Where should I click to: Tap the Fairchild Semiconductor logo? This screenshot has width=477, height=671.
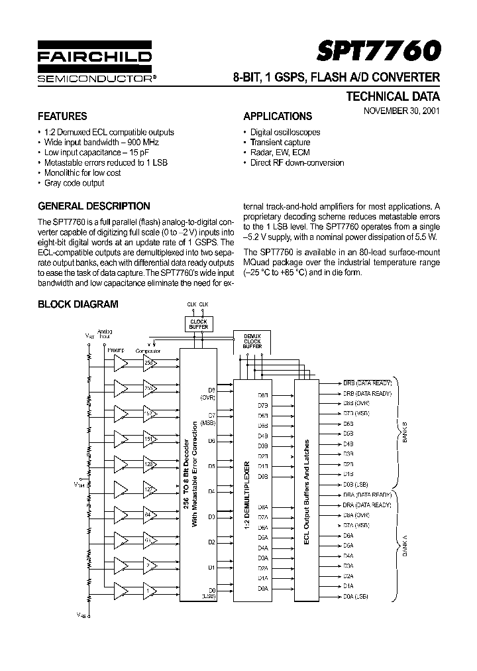pos(94,65)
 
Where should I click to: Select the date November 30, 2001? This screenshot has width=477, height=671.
pos(400,111)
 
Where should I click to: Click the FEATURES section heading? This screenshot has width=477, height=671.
pos(62,115)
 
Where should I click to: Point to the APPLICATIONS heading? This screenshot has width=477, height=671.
pos(278,116)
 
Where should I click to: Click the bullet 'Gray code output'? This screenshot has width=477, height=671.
pos(74,182)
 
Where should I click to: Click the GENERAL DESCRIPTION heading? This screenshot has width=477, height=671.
pos(94,206)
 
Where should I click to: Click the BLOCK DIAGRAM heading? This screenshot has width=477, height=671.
pos(78,304)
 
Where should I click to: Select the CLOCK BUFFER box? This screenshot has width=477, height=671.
pos(198,324)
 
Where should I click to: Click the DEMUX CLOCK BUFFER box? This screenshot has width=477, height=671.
pos(252,341)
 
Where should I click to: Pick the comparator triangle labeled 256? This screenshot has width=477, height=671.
pos(150,363)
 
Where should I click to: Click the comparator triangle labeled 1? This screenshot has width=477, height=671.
pos(150,589)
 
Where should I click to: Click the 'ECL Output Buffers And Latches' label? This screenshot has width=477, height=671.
pos(307,491)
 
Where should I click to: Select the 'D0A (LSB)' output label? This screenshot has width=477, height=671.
pos(355,597)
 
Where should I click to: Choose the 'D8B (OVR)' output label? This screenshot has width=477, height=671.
pos(356,403)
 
